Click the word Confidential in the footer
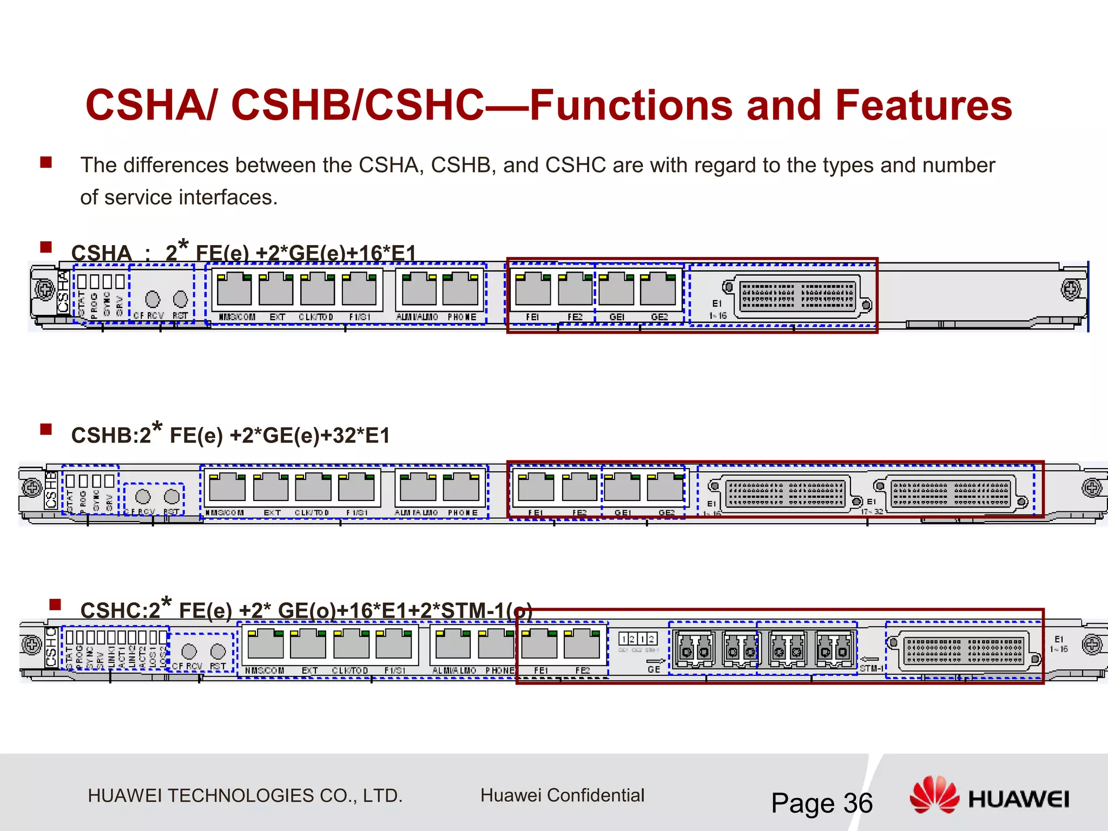tap(595, 795)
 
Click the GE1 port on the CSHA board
tap(616, 290)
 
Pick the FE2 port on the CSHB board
tap(579, 486)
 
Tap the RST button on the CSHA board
tap(180, 299)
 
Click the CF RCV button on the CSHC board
tap(189, 651)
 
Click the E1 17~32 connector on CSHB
tap(951, 493)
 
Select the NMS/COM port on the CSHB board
tap(227, 486)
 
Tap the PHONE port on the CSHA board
tap(460, 290)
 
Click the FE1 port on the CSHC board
tap(539, 644)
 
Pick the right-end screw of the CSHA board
tap(1071, 290)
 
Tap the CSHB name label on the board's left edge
tap(51, 490)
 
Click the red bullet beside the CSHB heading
tap(46, 430)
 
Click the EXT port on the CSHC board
tap(308, 644)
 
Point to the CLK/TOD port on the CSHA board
tap(318, 290)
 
